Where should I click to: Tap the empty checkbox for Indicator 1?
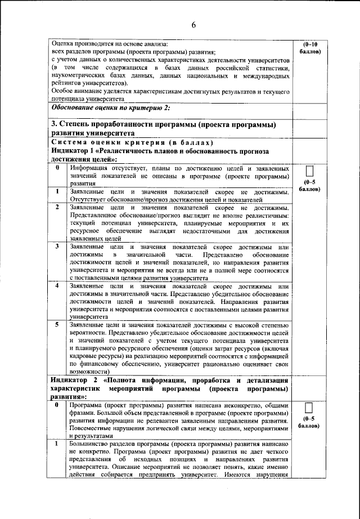(309, 171)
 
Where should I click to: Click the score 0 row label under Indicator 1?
(57, 167)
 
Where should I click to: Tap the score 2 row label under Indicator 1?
(57, 207)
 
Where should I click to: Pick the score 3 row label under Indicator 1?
(57, 247)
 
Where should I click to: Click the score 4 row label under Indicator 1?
(57, 285)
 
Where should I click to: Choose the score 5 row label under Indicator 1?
(57, 325)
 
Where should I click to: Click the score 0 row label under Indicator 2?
(57, 404)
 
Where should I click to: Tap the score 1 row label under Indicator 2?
(57, 444)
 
